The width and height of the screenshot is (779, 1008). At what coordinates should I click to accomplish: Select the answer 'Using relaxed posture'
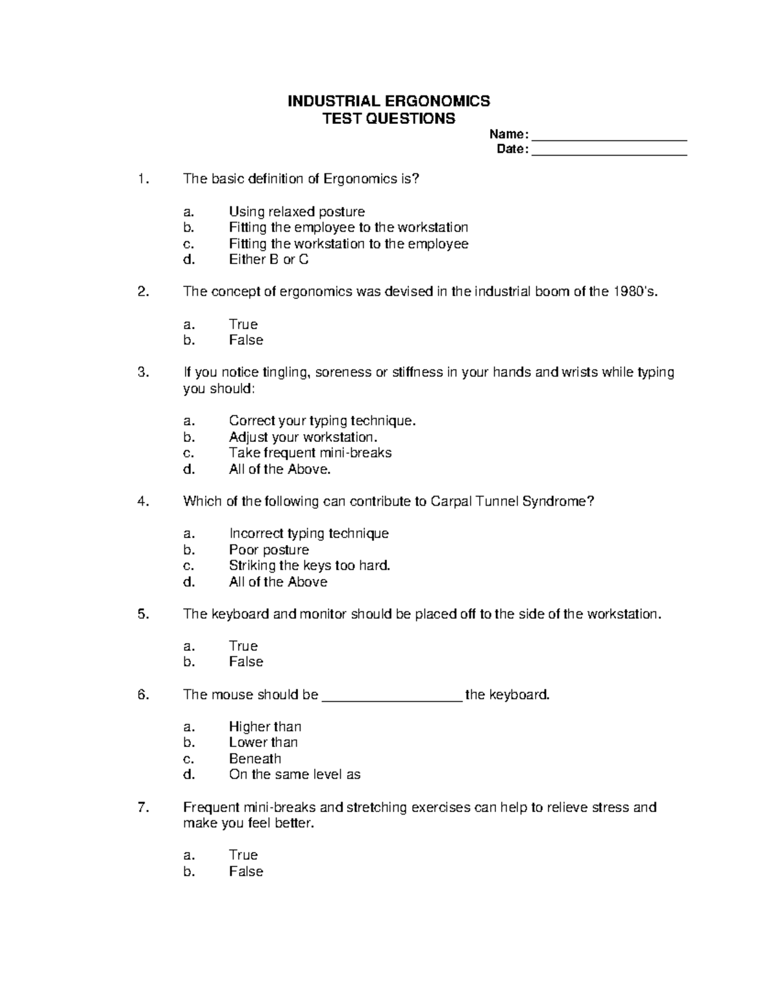point(297,212)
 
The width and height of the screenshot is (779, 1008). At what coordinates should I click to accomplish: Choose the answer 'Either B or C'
point(269,260)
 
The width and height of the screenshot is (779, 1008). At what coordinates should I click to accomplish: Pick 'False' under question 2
point(246,340)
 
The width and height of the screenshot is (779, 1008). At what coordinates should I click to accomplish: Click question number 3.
point(143,373)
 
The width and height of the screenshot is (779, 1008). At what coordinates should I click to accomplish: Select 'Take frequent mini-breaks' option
point(310,453)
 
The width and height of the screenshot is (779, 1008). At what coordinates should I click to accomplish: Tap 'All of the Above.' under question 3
point(280,469)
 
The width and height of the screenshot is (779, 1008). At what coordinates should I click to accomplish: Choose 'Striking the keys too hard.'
point(310,565)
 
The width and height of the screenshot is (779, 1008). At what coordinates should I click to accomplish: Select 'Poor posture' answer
point(269,550)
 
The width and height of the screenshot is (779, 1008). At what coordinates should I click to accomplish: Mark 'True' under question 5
point(243,646)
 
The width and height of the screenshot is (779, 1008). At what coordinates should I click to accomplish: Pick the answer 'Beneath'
point(255,759)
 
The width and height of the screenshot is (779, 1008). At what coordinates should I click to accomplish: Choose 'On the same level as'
point(295,774)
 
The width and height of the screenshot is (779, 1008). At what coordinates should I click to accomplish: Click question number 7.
point(143,807)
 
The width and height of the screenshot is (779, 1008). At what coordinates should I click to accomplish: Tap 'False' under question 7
point(246,872)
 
